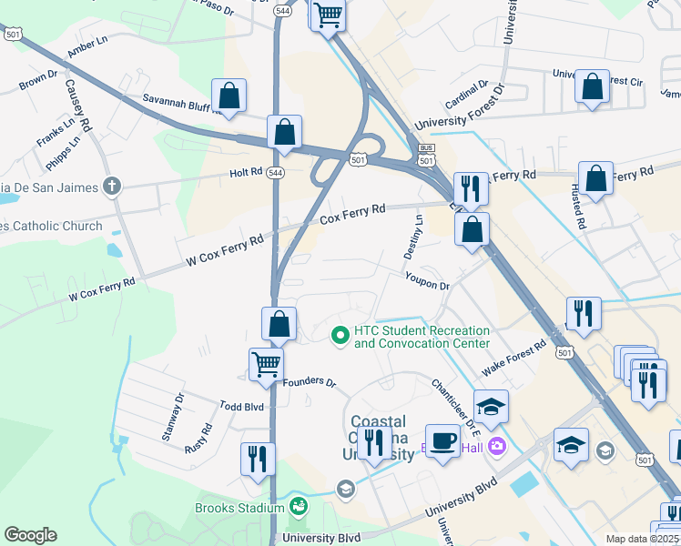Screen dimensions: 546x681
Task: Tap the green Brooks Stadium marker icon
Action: click(x=298, y=506)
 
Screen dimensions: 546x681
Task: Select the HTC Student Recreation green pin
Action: click(x=340, y=337)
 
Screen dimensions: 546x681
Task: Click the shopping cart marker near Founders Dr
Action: click(x=266, y=363)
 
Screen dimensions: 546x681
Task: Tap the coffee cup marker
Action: click(x=443, y=441)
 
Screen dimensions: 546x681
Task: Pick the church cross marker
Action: click(x=112, y=187)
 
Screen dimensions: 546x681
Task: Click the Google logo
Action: click(x=30, y=535)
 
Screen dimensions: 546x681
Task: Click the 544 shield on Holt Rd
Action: click(x=274, y=172)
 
